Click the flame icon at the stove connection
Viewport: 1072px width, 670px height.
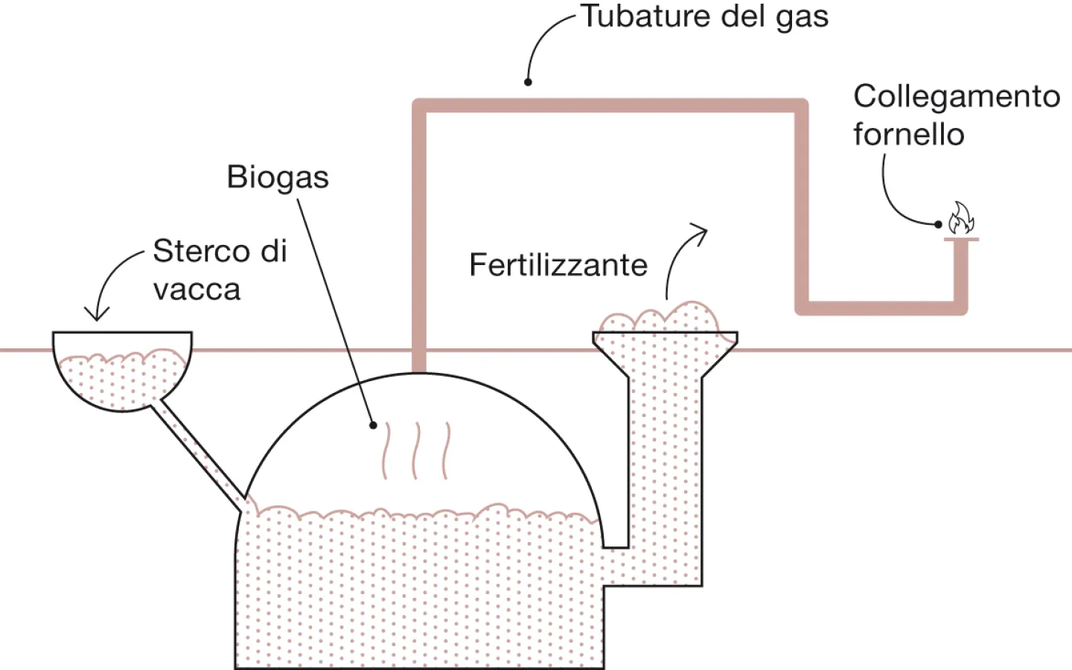tap(960, 218)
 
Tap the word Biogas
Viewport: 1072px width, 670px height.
tap(278, 177)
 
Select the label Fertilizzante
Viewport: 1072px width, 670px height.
tap(558, 265)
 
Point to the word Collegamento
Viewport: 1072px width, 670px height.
tap(957, 96)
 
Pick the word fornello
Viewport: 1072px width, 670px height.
tap(908, 135)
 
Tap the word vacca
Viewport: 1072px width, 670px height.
tap(197, 290)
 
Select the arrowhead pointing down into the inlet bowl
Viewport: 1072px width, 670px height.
tap(97, 313)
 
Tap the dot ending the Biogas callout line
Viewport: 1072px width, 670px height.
tap(374, 425)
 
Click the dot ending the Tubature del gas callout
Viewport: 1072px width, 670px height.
tap(528, 82)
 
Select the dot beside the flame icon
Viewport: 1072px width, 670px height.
tap(938, 224)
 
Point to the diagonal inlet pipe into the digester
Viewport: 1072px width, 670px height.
tap(200, 455)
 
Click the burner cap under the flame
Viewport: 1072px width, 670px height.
tap(961, 239)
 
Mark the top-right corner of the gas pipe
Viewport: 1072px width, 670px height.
tap(801, 106)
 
